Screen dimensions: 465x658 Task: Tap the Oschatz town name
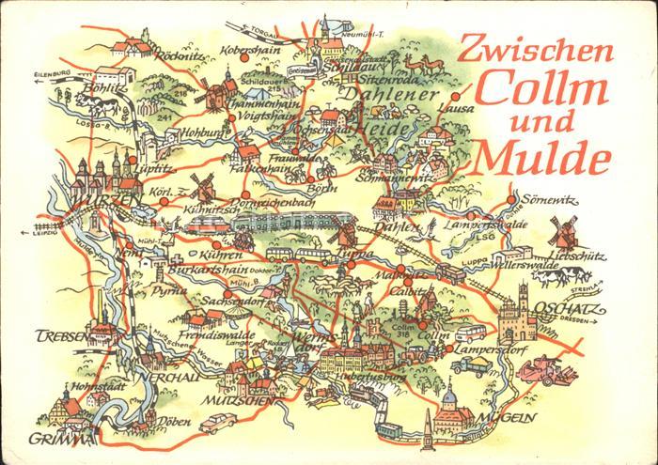tap(562, 311)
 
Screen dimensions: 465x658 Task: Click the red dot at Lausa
tap(456, 97)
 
